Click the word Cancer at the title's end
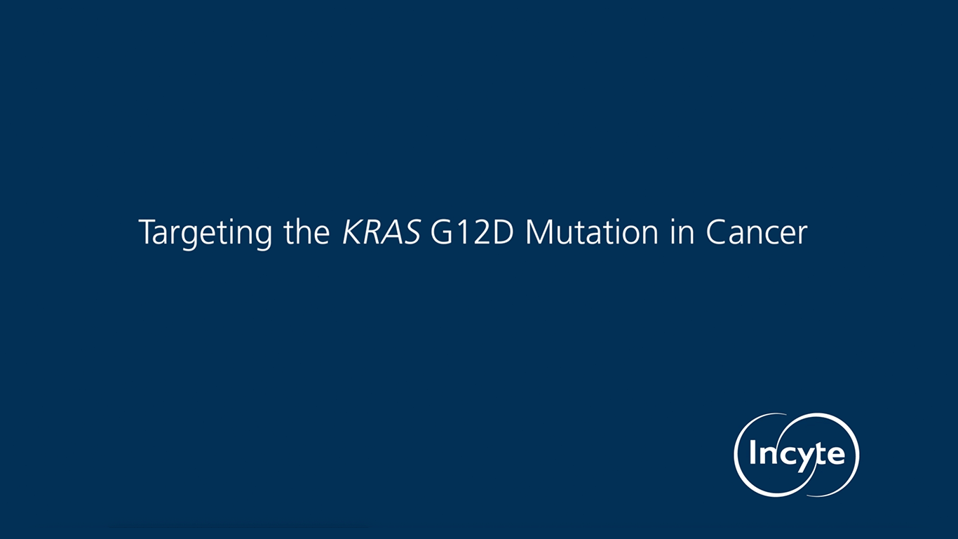[756, 232]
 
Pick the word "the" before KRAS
[306, 232]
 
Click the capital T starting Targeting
[145, 232]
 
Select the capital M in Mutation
[539, 232]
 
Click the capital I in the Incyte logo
[753, 454]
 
